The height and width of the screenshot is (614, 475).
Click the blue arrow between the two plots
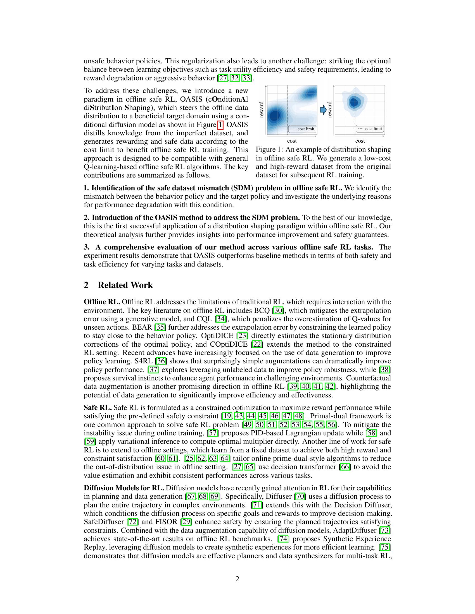coord(323,110)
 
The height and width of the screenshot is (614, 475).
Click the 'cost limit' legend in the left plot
coord(302,129)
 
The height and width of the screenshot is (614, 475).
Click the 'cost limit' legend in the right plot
coord(370,129)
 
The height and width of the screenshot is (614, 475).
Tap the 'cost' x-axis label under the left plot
coord(292,141)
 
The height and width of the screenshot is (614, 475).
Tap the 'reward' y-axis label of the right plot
coord(330,110)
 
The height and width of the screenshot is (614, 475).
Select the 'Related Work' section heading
coord(125,285)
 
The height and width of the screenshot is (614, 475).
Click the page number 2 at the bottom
coord(237,579)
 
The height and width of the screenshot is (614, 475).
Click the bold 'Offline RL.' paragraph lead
coord(102,302)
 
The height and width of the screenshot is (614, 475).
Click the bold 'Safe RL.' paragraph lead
coord(98,408)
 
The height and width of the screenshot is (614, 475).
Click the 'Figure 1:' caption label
coord(269,150)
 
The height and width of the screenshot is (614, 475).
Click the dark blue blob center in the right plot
coord(355,103)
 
